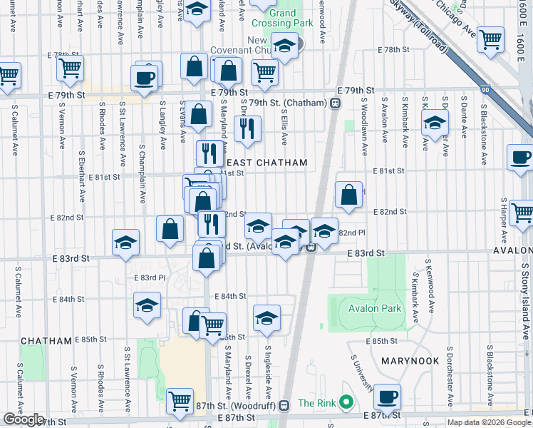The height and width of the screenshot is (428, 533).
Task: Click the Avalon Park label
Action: (375, 309)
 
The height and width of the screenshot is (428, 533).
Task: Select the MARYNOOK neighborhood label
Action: (409, 361)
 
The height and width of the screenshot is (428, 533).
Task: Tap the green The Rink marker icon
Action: (346, 403)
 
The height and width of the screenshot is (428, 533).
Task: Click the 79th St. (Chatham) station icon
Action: (334, 103)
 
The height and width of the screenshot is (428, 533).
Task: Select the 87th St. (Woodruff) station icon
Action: (284, 405)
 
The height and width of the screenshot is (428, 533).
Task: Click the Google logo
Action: (24, 419)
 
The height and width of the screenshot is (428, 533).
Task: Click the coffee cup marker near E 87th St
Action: (387, 396)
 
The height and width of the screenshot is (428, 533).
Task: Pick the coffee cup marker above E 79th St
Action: (145, 78)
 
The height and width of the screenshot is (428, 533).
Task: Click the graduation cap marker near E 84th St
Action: (147, 305)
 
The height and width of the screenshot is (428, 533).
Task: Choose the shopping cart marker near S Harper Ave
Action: (522, 213)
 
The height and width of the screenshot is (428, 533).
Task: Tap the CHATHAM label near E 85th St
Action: (47, 341)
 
